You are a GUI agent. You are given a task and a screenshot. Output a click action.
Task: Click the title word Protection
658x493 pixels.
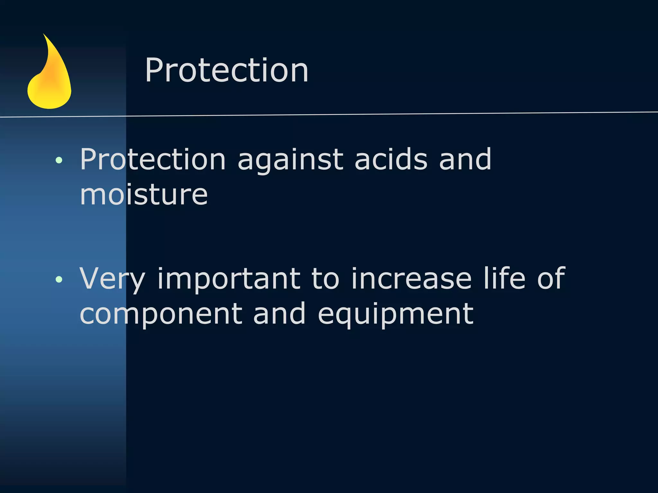227,70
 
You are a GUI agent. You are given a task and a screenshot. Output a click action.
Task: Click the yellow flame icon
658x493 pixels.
50,80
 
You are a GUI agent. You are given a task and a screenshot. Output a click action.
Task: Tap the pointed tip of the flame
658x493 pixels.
44,35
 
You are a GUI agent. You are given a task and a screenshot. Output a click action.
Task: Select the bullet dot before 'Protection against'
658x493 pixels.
59,160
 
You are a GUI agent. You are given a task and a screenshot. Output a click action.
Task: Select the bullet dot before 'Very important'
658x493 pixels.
59,279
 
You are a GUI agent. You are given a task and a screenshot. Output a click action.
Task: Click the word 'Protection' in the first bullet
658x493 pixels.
153,159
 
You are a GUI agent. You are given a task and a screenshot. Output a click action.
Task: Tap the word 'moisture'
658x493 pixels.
144,195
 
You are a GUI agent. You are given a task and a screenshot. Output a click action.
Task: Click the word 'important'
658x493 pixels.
228,279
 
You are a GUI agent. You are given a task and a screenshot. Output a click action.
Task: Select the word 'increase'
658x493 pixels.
411,278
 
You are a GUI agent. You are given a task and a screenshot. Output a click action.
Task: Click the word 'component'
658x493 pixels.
161,314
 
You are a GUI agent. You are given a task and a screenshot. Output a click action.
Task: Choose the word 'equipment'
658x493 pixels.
396,314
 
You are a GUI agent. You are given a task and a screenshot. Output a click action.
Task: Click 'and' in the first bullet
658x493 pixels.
465,159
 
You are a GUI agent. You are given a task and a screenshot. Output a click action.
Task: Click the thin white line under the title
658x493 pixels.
353,114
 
